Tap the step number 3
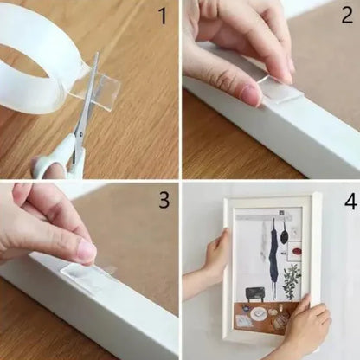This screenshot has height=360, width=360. tap(162, 200)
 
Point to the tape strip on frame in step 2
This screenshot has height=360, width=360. tap(280, 87)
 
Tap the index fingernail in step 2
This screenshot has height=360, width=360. tap(251, 93)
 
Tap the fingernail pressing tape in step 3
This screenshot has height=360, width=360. tap(86, 252)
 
